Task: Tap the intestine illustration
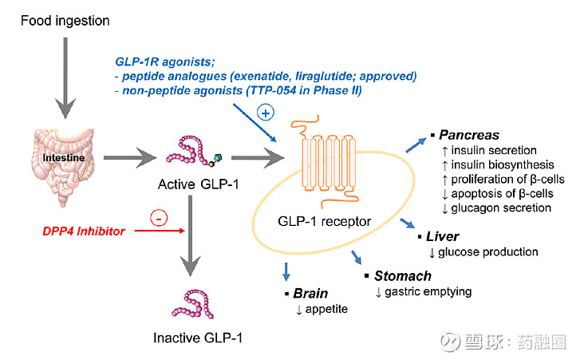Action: pyautogui.click(x=60, y=160)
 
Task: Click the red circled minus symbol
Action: pyautogui.click(x=161, y=216)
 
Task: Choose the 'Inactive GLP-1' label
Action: pyautogui.click(x=198, y=338)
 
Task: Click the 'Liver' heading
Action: pyautogui.click(x=442, y=237)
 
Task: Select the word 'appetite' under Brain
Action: pyautogui.click(x=326, y=309)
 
